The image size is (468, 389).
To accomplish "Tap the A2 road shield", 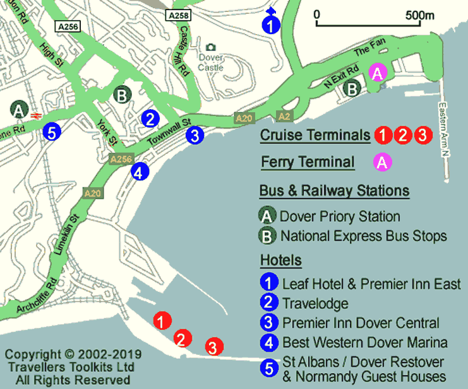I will (x=285, y=117).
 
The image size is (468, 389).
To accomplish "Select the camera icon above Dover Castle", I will (x=211, y=47).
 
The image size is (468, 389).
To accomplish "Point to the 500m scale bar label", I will (x=419, y=15).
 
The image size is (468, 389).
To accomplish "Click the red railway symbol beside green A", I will (x=36, y=115).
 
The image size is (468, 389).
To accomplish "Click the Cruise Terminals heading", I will (x=315, y=136).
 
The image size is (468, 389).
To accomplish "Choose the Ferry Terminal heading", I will (x=308, y=162).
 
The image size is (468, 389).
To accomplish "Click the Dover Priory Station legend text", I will (x=340, y=217).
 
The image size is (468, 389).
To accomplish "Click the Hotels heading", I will (x=280, y=260).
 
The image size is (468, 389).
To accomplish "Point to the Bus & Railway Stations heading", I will (x=334, y=190).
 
